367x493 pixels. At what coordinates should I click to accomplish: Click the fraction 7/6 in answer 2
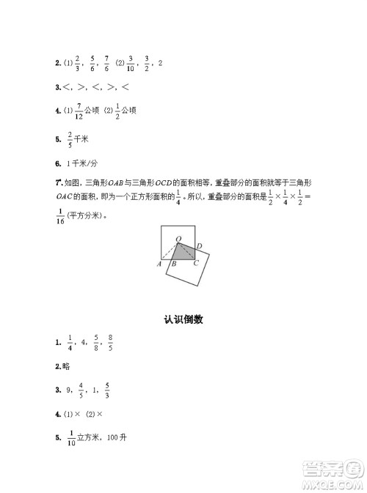coord(106,64)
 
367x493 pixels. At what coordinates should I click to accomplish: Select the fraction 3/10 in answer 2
coord(130,64)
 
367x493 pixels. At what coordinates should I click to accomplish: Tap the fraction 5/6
coord(92,64)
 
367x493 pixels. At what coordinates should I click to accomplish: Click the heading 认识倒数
coord(183,319)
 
